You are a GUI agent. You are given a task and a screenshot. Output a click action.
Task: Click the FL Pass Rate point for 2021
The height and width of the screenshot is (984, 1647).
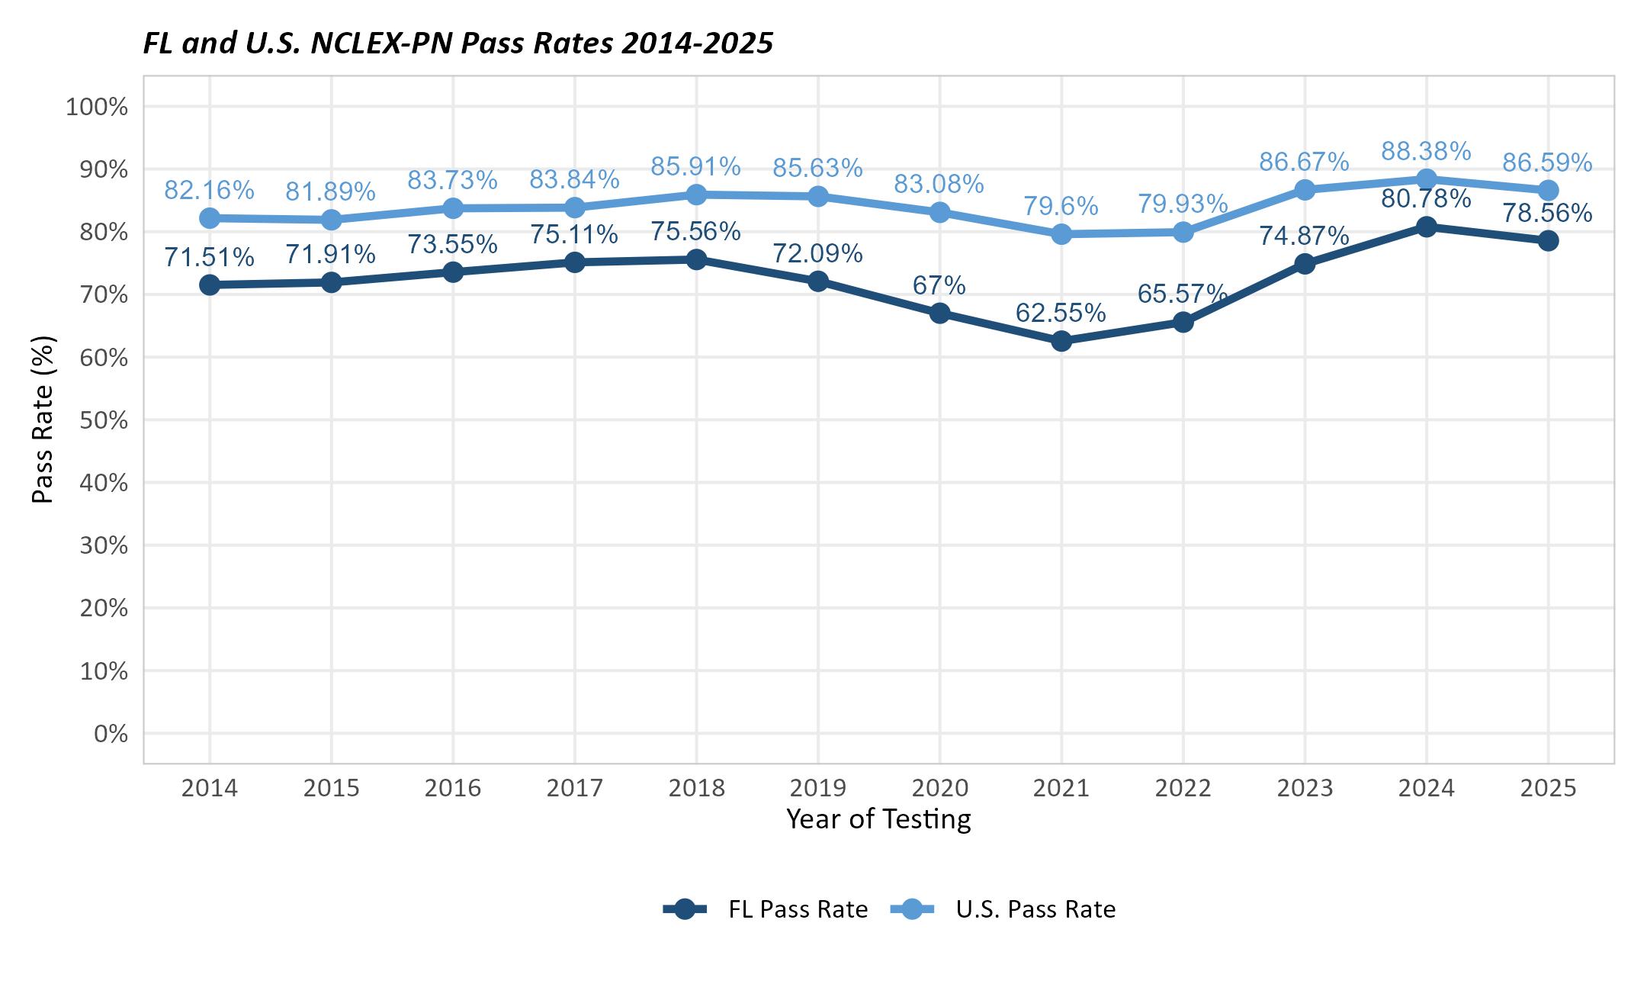click(x=1061, y=341)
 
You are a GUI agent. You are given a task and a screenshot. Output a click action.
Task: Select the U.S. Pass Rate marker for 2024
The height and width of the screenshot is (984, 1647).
click(x=1426, y=179)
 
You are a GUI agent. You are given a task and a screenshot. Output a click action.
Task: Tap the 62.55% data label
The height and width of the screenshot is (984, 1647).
click(x=1060, y=313)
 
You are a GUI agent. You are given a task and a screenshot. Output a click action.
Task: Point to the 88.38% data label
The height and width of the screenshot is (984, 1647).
click(x=1426, y=151)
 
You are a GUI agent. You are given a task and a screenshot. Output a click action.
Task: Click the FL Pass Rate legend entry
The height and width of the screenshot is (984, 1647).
click(x=766, y=909)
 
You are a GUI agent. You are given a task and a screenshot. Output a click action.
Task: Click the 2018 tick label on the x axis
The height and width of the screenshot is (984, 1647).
click(x=696, y=788)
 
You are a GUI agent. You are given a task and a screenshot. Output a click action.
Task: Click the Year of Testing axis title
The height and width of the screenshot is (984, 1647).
click(x=878, y=819)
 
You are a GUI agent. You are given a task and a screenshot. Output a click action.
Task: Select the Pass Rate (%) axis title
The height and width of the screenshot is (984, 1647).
click(x=43, y=420)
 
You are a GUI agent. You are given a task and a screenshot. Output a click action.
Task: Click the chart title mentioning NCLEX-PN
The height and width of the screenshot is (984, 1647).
click(x=458, y=43)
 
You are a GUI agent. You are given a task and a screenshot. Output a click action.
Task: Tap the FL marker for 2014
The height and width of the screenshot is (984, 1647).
click(x=210, y=285)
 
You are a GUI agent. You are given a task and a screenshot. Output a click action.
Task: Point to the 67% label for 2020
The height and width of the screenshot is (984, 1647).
click(x=939, y=285)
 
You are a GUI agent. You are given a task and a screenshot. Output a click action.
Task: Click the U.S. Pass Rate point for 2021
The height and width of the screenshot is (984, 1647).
click(x=1061, y=234)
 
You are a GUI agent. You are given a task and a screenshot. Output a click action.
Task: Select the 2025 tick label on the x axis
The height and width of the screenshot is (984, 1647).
click(x=1548, y=788)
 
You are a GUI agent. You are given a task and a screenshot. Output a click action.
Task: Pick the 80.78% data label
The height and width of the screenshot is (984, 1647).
click(x=1426, y=199)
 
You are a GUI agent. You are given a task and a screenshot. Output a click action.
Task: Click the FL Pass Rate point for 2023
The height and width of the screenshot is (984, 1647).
click(x=1305, y=264)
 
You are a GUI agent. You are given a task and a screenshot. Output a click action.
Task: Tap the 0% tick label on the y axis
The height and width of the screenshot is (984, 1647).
click(x=111, y=734)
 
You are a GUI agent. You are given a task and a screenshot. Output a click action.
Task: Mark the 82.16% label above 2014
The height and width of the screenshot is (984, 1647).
click(x=209, y=190)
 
